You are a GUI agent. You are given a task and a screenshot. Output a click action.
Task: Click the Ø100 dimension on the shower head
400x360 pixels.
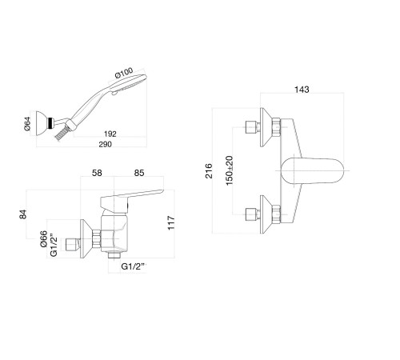124,73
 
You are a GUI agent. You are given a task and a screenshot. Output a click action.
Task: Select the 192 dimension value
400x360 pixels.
110,134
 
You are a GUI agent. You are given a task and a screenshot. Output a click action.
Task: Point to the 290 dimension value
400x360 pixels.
105,144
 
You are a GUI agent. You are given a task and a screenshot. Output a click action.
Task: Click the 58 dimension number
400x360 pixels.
97,173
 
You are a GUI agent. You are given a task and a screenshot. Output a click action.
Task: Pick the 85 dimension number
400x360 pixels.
139,173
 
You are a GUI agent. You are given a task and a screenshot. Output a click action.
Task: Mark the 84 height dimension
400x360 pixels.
23,214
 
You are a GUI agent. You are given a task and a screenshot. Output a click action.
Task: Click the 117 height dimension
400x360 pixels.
171,222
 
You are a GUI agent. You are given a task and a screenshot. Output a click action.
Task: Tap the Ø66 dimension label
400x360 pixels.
43,238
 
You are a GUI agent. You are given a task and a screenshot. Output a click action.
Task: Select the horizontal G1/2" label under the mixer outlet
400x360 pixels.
134,266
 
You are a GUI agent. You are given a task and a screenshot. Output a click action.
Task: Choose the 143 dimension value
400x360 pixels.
302,90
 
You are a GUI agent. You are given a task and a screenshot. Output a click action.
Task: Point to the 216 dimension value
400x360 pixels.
209,171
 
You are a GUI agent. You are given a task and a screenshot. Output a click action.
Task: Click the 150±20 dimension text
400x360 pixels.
229,170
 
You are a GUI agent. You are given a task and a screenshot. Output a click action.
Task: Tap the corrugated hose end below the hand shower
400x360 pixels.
60,134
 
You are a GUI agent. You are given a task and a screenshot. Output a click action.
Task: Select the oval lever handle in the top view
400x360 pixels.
312,170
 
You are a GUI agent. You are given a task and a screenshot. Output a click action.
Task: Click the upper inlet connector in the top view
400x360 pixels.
253,127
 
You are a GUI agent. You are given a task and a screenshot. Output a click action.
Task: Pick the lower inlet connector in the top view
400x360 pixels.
253,214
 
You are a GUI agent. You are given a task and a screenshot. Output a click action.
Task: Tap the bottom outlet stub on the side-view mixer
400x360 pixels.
114,254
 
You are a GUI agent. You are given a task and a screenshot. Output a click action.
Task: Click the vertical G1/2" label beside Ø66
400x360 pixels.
54,246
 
